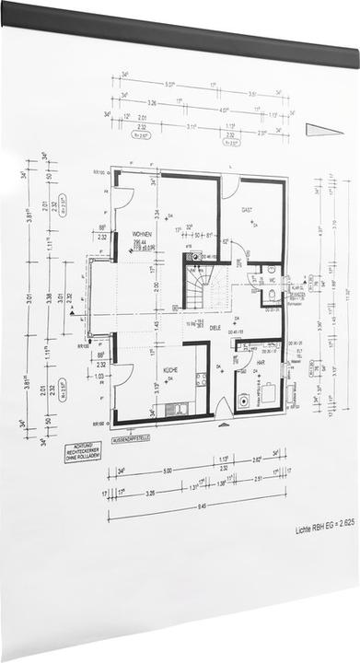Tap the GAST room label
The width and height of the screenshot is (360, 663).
(x=247, y=211)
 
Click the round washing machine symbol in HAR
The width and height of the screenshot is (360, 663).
(x=243, y=401)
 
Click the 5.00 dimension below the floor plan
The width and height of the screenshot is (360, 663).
(x=165, y=469)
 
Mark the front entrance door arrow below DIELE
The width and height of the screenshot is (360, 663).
(x=221, y=425)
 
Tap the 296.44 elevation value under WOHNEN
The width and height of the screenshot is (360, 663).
(x=140, y=241)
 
